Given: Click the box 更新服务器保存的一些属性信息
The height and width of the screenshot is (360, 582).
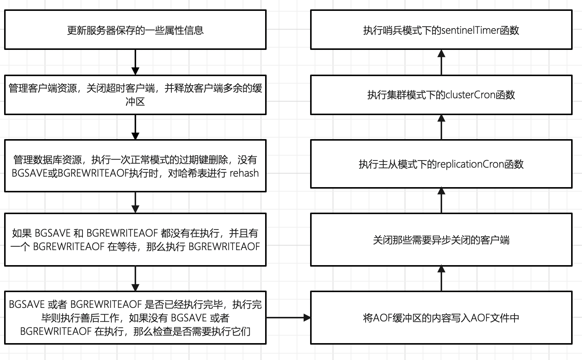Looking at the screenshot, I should tap(135, 30).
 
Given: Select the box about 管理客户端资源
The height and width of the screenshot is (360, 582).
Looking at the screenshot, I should tap(135, 95).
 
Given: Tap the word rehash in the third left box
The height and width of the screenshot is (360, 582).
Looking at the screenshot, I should tap(244, 173).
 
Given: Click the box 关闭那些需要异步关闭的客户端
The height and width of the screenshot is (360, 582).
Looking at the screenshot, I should tap(441, 240).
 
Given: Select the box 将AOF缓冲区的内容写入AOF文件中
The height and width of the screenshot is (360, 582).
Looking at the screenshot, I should tap(441, 318).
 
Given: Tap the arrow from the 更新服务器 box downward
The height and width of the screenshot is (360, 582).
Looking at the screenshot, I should tap(135, 62).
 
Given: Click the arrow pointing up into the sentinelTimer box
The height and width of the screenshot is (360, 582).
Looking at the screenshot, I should tap(441, 62).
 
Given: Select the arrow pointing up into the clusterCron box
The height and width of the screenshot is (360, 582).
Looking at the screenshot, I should tap(441, 127).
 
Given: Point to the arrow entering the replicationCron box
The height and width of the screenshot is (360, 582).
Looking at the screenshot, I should tap(441, 200).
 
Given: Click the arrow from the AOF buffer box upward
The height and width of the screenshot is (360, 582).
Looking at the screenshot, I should tap(441, 278).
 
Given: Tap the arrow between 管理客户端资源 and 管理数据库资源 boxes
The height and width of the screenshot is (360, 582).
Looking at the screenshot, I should tap(135, 127).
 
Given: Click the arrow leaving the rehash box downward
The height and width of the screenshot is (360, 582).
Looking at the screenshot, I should tap(135, 202).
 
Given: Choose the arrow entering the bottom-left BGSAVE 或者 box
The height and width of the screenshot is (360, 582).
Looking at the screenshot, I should tap(135, 278).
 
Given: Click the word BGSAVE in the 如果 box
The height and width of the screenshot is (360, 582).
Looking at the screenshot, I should tap(52, 233).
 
